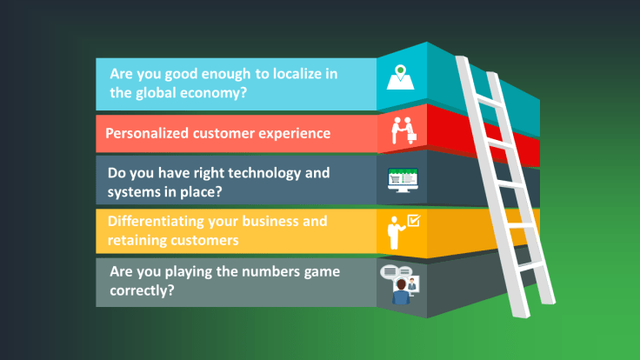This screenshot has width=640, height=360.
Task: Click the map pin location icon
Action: tap(400, 77)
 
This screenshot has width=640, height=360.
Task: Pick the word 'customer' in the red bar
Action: tap(230, 134)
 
